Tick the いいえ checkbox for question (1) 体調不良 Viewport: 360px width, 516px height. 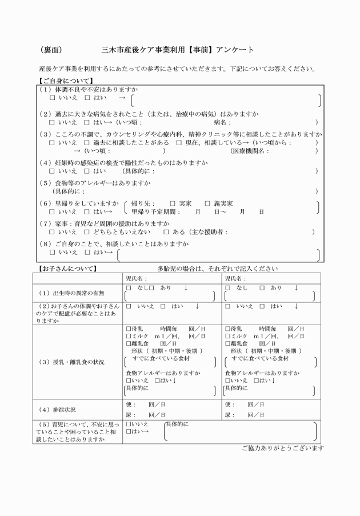(x=53, y=98)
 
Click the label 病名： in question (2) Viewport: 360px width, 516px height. (x=222, y=122)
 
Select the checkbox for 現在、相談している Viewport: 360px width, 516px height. (x=179, y=142)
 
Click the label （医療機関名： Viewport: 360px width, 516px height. (x=249, y=151)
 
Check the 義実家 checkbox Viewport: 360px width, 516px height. (x=207, y=203)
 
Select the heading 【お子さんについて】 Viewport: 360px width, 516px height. (x=67, y=268)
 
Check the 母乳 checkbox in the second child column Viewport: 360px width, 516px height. (x=227, y=329)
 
